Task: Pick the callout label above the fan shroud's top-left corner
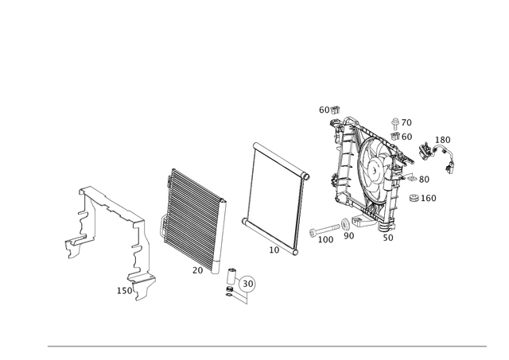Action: (x=328, y=108)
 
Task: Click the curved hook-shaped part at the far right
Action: (x=450, y=162)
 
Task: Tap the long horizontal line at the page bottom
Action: (x=266, y=346)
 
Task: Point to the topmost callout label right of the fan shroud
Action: (x=403, y=122)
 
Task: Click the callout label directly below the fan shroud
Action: (x=387, y=237)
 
